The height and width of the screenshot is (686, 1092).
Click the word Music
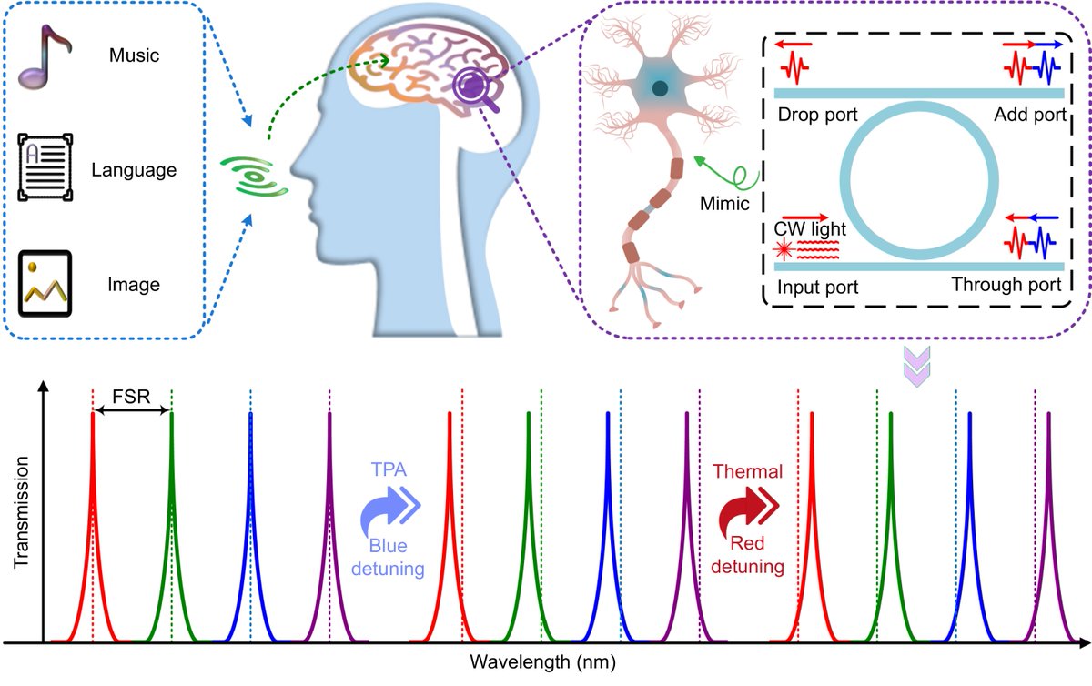(x=135, y=56)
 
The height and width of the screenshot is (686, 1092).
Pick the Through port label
(x=1006, y=286)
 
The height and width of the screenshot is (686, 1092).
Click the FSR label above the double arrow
(x=132, y=398)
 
